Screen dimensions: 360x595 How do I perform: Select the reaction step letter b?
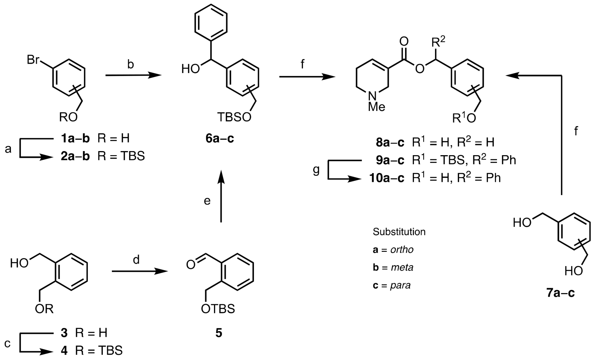coord(130,64)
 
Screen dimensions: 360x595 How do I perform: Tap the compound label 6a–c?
coord(220,138)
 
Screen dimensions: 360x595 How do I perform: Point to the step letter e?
coord(207,201)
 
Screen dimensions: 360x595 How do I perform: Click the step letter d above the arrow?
coord(136,260)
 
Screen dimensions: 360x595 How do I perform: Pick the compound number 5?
coord(219,333)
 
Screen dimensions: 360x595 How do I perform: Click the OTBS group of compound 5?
coord(218,309)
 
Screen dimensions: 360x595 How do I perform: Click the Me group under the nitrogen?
coord(377,107)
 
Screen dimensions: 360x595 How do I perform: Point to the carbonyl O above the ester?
coord(404,42)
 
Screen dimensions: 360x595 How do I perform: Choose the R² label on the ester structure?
coord(438,42)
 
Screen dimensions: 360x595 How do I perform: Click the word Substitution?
coord(399,232)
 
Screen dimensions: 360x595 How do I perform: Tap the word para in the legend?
coord(400,285)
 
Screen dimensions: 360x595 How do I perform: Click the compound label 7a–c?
coord(561,293)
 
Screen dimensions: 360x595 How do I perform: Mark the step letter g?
coord(316,170)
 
